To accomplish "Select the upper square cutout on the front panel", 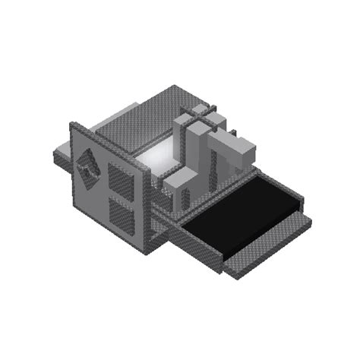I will pyautogui.click(x=119, y=181).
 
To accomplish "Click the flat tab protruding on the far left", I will pyautogui.click(x=61, y=159).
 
